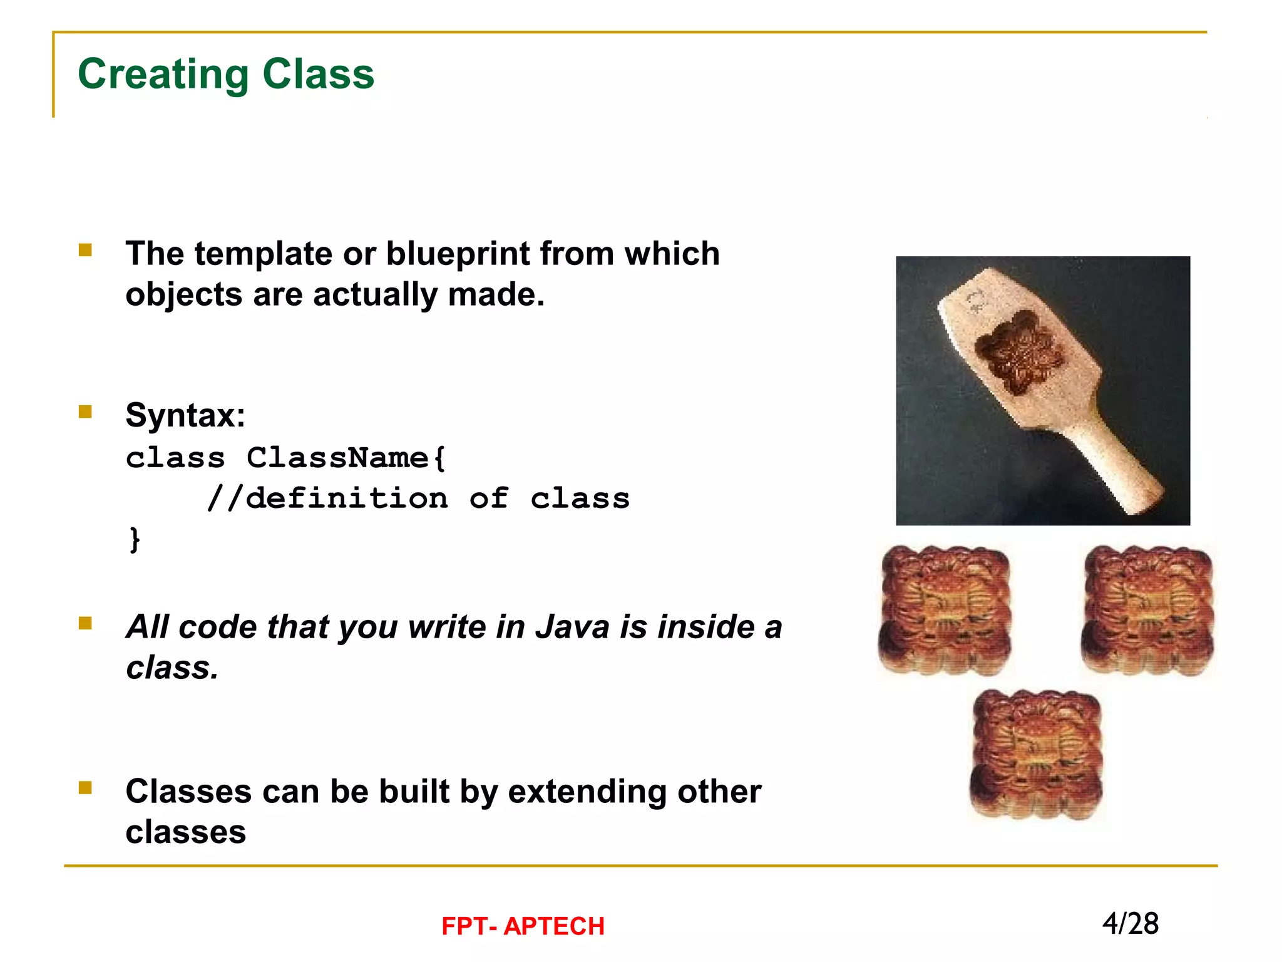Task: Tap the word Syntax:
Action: click(x=185, y=415)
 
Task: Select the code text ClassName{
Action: click(x=346, y=458)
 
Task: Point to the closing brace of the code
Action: click(x=134, y=539)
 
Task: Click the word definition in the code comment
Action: click(x=347, y=499)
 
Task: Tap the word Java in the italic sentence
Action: click(x=572, y=627)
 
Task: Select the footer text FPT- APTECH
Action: click(x=523, y=926)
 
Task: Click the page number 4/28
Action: click(x=1130, y=924)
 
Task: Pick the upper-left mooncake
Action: click(x=945, y=610)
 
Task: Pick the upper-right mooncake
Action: click(x=1147, y=610)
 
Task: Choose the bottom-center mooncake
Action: click(x=1036, y=754)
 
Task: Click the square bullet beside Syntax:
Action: click(x=85, y=411)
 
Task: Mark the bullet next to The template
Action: click(x=85, y=251)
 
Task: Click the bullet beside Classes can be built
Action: click(x=85, y=788)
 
